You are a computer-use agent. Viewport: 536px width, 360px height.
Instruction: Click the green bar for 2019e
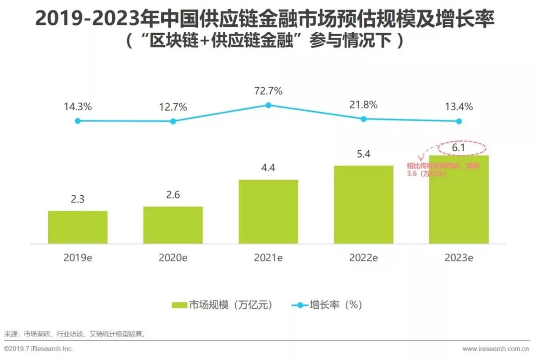(x=78, y=227)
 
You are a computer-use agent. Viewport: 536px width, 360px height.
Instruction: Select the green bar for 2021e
(x=268, y=212)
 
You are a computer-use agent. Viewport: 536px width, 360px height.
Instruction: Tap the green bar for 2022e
(x=364, y=205)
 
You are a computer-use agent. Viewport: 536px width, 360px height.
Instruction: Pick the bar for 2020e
(x=173, y=225)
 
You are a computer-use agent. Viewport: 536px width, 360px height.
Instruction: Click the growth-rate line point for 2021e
(x=268, y=105)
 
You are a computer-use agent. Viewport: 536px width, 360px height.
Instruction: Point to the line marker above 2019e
(x=78, y=120)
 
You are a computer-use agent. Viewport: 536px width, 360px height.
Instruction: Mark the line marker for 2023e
(x=459, y=121)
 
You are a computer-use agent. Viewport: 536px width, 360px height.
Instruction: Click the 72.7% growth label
(x=268, y=91)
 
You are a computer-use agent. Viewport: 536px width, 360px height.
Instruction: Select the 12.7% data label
(x=173, y=107)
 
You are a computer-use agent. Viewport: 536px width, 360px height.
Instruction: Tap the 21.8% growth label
(x=363, y=105)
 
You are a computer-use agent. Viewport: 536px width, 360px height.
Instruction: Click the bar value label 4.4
(x=268, y=168)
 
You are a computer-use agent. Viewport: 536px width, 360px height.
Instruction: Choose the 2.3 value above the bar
(x=78, y=199)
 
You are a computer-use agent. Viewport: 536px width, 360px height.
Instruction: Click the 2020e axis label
(x=173, y=258)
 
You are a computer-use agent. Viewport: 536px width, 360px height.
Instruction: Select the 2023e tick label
(x=459, y=258)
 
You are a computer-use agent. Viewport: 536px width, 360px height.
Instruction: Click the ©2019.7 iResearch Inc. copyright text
(x=39, y=349)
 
